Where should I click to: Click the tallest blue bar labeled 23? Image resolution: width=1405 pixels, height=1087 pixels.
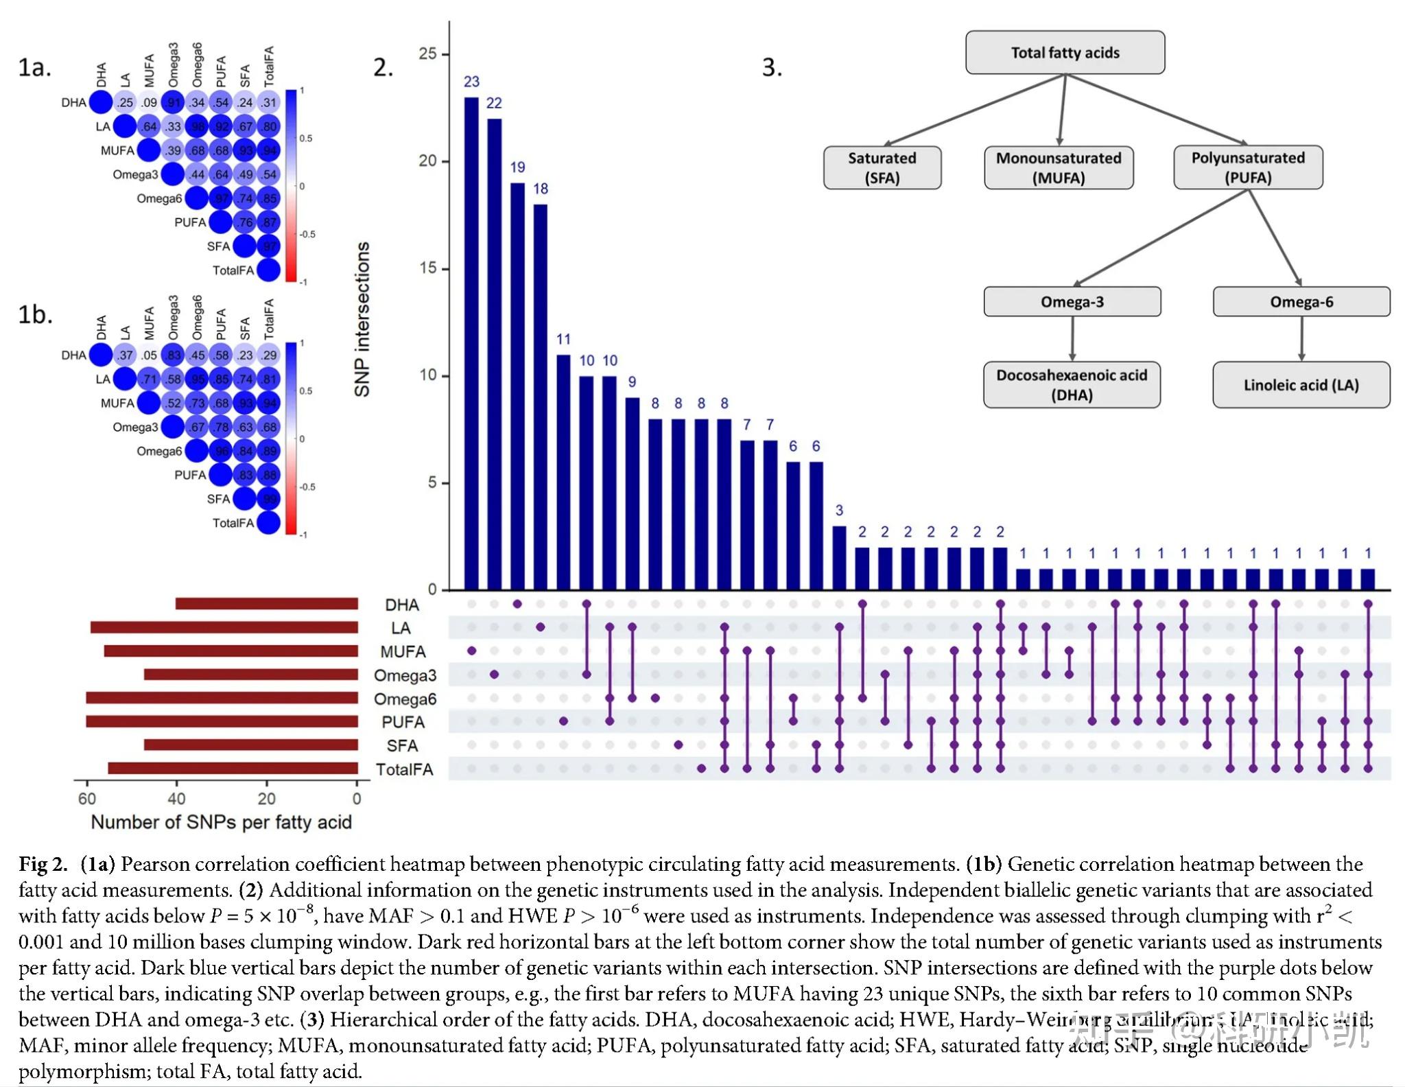point(471,343)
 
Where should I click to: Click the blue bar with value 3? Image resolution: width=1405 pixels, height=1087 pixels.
point(839,558)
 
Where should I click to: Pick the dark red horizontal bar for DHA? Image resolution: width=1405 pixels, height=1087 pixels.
point(267,604)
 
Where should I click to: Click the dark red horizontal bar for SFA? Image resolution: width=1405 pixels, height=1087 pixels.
point(251,745)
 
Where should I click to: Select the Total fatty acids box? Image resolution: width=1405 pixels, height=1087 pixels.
point(1065,53)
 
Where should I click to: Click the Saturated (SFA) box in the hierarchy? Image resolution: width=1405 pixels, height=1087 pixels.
point(882,167)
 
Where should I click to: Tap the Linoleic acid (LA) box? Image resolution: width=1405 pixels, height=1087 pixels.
point(1301,385)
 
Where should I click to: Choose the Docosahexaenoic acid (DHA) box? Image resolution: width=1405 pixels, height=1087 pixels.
point(1072,385)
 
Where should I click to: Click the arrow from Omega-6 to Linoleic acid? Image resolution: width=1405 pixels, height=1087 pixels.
point(1301,338)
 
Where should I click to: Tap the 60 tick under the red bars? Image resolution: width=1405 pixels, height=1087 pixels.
point(87,799)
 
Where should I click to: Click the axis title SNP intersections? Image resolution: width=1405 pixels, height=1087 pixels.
point(362,319)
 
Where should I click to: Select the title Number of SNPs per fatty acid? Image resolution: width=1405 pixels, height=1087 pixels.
point(221,822)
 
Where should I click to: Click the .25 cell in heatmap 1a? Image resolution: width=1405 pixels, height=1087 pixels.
point(125,103)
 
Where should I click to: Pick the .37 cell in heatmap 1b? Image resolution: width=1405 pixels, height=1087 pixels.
point(125,355)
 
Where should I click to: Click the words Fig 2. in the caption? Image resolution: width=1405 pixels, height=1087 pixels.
point(43,864)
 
